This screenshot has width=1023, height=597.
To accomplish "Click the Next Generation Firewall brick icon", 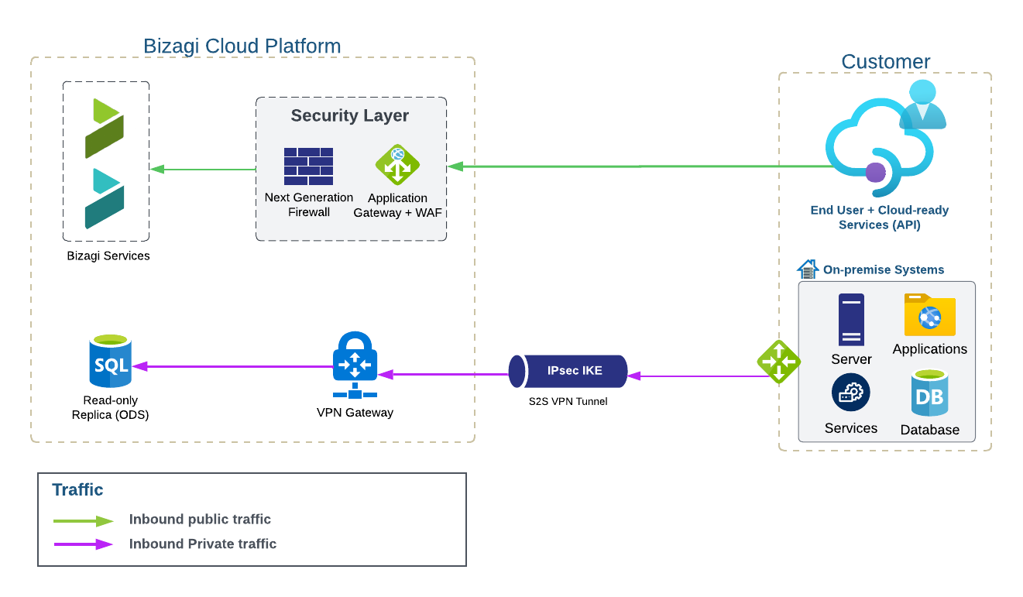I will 308,166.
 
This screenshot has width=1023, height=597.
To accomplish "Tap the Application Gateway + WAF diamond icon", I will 397,165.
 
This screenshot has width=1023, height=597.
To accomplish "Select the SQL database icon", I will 110,362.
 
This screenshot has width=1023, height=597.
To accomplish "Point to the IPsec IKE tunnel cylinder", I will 568,371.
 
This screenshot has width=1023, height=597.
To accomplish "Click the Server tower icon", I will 851,319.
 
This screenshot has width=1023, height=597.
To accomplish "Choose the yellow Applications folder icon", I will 929,314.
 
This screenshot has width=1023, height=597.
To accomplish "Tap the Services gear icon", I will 850,393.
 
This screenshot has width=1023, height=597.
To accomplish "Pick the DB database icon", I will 929,395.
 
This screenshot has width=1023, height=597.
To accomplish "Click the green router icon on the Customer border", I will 778,362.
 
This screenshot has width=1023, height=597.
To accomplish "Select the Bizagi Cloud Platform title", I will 242,46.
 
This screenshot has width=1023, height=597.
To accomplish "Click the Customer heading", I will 885,62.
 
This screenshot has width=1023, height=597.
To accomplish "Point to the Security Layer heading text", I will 349,116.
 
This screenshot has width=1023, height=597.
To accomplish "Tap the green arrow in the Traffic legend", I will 83,520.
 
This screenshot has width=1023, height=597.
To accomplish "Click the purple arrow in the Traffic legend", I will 83,544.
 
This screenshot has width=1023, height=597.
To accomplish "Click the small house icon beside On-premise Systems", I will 808,269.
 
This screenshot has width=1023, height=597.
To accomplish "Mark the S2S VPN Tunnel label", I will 567,401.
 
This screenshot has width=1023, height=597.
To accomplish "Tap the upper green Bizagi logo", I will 105,128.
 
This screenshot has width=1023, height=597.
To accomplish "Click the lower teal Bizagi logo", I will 105,199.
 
